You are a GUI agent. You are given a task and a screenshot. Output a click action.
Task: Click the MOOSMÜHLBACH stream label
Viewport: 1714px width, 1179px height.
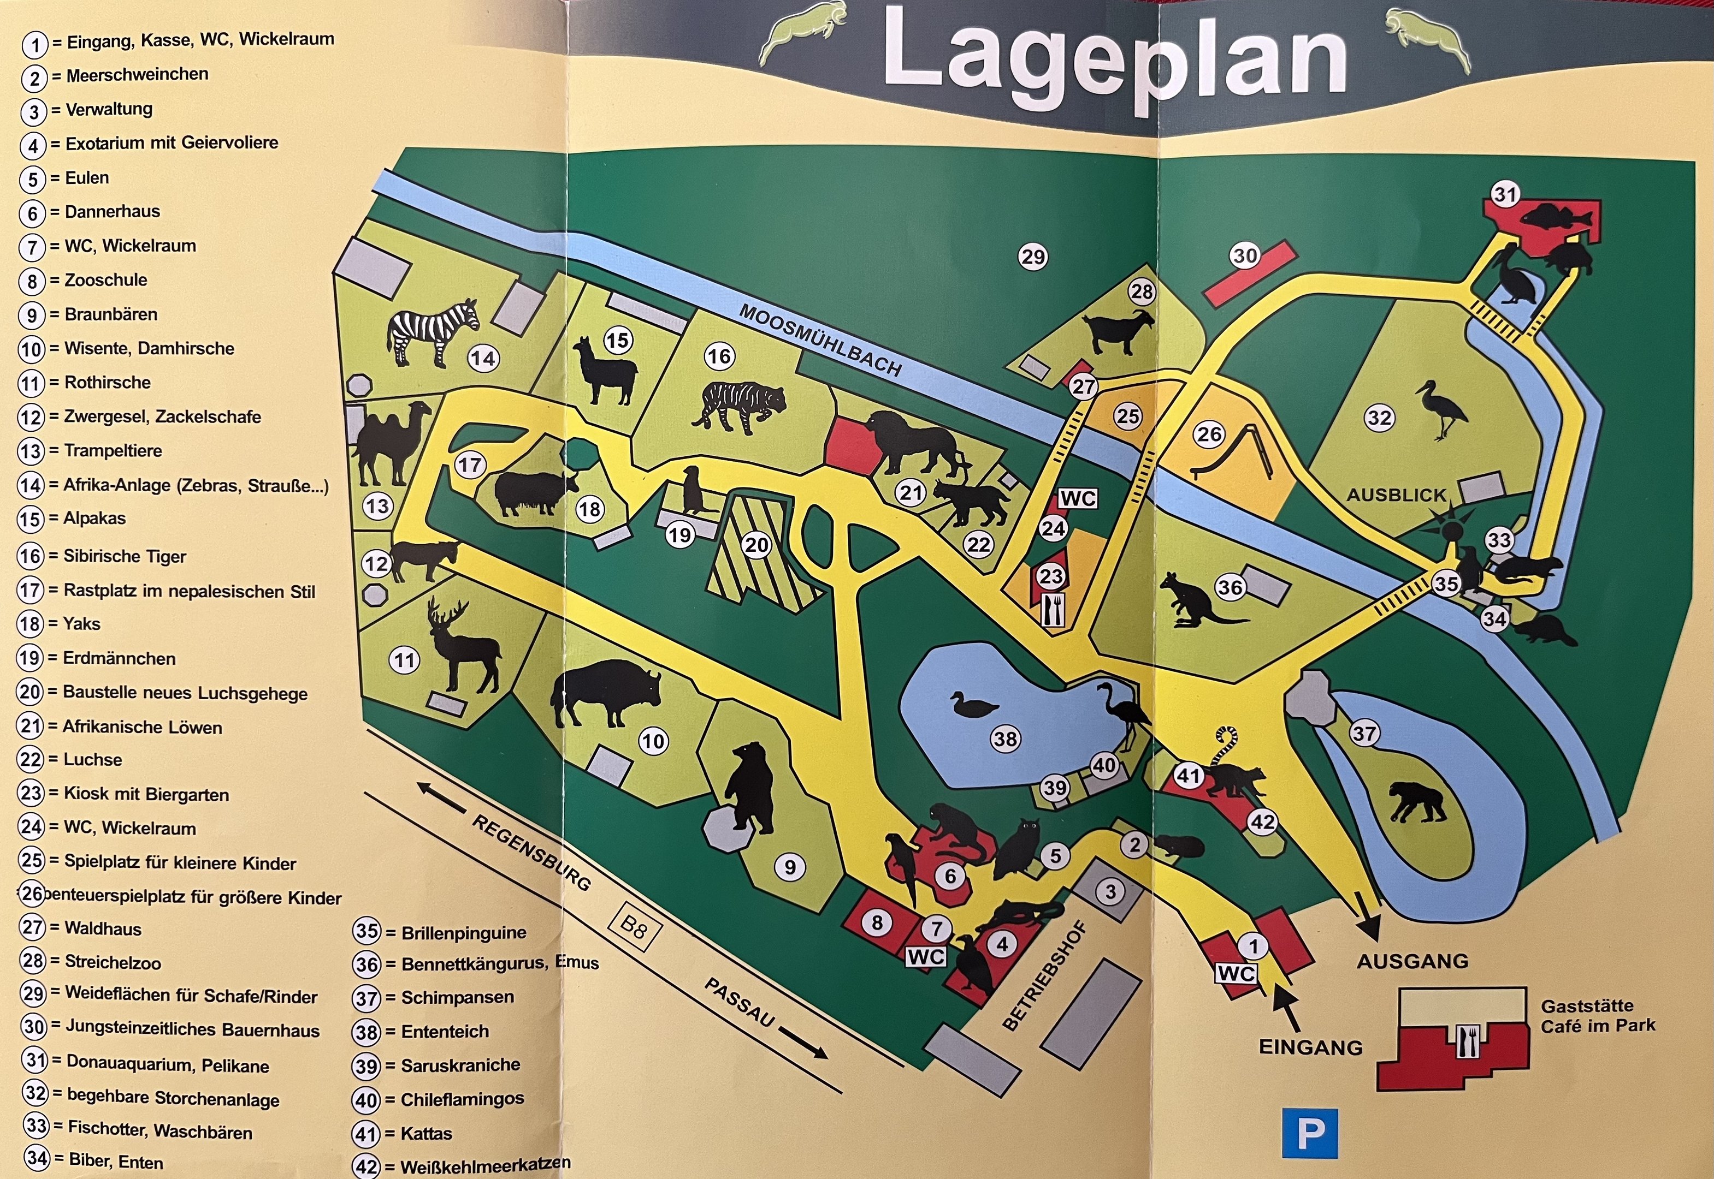click(x=820, y=341)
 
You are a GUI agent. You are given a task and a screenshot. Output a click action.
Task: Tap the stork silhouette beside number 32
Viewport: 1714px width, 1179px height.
click(x=1441, y=410)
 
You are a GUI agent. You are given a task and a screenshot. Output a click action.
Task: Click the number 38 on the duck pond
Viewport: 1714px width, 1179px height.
click(x=1005, y=739)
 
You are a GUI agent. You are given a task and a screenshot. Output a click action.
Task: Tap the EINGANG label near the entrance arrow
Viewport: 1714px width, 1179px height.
click(x=1310, y=1047)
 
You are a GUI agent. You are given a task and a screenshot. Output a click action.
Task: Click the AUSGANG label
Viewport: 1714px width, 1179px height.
click(x=1412, y=961)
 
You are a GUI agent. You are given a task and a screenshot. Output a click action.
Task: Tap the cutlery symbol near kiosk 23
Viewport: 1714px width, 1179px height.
click(x=1053, y=610)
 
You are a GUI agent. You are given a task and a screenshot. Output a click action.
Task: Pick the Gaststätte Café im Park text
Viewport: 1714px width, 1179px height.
click(x=1597, y=1015)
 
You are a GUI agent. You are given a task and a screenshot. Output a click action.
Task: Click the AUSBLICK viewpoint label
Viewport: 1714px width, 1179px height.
click(x=1396, y=495)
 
